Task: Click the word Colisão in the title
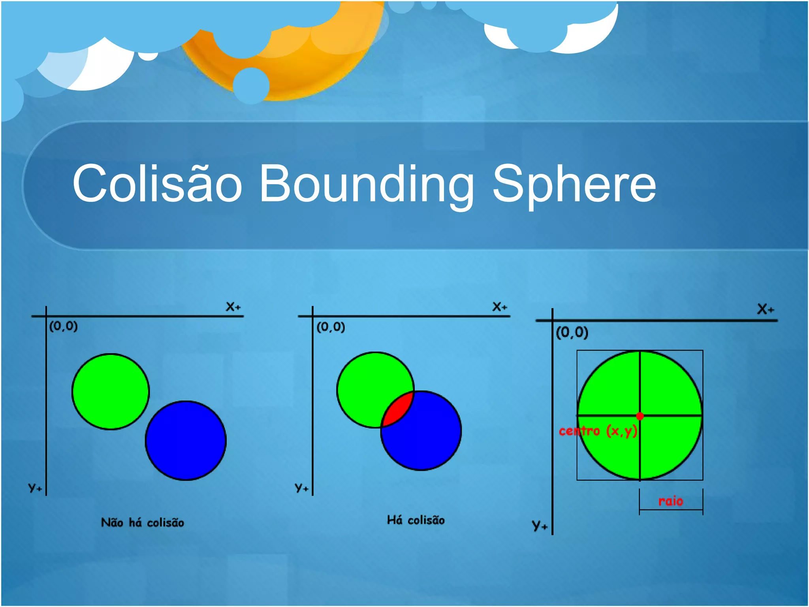click(157, 183)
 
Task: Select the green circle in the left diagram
click(111, 391)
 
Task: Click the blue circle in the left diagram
click(186, 441)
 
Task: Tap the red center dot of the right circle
click(640, 416)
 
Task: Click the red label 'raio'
click(670, 501)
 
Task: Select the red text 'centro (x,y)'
click(598, 430)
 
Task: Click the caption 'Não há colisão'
click(143, 522)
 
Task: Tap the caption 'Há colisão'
click(416, 520)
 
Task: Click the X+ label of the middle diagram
click(500, 307)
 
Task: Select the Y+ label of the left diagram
click(35, 487)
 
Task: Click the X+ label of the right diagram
click(765, 309)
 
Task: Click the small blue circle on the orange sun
click(251, 85)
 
